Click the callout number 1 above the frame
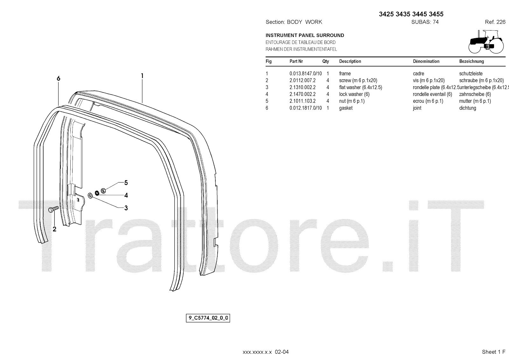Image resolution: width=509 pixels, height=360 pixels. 142,76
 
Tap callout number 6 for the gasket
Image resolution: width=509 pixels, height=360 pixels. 59,79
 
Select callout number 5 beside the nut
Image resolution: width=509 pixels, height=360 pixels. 126,183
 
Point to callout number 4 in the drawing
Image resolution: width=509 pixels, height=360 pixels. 126,195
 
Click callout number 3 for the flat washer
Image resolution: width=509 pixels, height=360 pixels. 126,208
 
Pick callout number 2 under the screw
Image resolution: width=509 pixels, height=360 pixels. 54,229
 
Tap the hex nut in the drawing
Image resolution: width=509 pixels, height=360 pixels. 103,191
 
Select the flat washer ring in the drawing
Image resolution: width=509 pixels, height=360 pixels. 90,195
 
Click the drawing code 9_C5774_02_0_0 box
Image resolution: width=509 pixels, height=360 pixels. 208,318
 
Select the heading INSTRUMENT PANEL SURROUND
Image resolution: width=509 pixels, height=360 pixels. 305,35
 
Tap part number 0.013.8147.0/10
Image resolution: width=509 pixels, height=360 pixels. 305,74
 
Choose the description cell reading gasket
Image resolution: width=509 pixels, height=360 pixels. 346,108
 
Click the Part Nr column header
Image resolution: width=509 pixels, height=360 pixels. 296,61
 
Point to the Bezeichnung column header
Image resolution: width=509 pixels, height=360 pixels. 471,61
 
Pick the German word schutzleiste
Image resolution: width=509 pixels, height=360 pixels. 471,74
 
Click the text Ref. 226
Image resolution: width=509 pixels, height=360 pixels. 495,22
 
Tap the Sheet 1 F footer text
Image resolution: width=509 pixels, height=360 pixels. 493,352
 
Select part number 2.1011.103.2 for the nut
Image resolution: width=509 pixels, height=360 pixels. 303,101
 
